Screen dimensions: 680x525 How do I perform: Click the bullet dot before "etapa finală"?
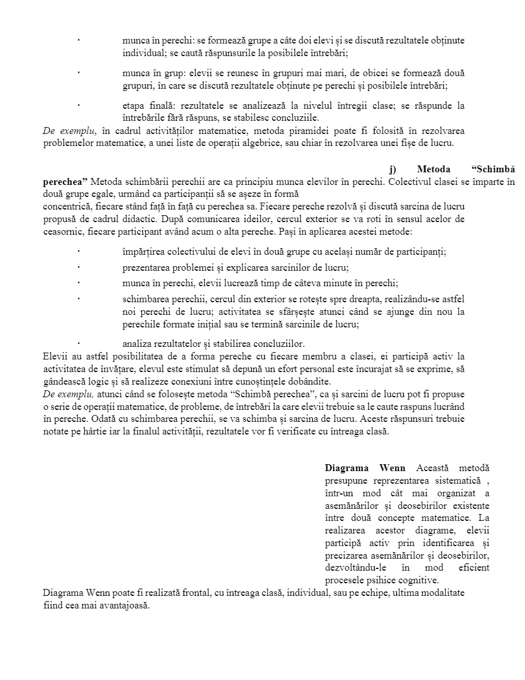(78, 105)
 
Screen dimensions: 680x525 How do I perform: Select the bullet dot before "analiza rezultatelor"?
(78, 343)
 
